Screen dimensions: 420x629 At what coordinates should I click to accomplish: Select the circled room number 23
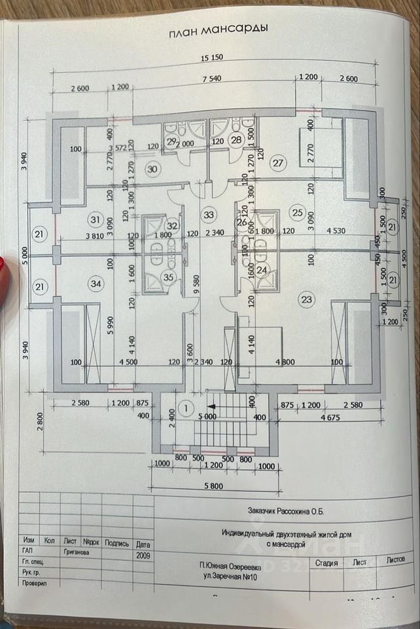306,299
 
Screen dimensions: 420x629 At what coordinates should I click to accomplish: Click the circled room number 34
96,284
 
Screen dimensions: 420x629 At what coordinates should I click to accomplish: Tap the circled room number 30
153,169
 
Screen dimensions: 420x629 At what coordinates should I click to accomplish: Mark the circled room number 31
96,219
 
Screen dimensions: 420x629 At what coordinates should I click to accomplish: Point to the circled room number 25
298,212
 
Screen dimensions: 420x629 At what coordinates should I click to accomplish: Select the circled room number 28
236,139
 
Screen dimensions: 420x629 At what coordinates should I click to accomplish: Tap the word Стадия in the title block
326,562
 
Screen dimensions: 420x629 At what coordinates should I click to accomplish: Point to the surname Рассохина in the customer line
297,510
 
